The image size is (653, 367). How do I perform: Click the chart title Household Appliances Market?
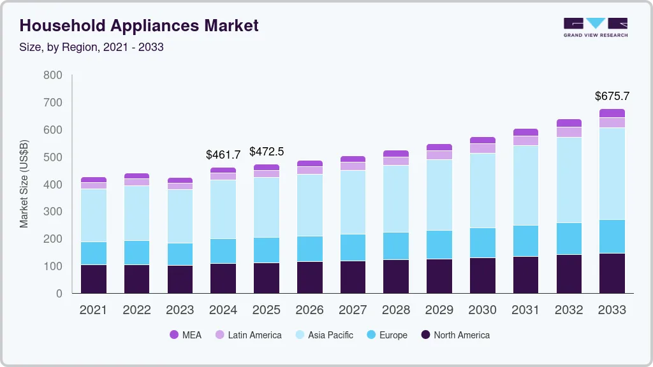click(139, 25)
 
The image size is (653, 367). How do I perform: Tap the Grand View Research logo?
click(595, 27)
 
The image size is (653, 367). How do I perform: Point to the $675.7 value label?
click(612, 96)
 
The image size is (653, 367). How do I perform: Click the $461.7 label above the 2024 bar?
click(223, 155)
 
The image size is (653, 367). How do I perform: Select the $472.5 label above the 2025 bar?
click(267, 152)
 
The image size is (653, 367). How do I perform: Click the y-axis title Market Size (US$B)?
click(24, 183)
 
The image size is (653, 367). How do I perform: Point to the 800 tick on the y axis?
click(53, 75)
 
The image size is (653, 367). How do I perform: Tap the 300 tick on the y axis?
click(53, 212)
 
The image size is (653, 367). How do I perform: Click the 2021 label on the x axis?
click(93, 310)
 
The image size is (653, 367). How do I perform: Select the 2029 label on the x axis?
click(439, 310)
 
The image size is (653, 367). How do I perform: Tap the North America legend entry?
click(455, 335)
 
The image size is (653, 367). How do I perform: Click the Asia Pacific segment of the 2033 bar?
click(612, 173)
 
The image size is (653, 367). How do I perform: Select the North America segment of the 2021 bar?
click(94, 279)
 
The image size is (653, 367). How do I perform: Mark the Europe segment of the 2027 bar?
click(353, 247)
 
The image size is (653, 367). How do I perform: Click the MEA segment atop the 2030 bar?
click(483, 140)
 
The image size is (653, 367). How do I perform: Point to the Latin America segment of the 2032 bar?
click(569, 132)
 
